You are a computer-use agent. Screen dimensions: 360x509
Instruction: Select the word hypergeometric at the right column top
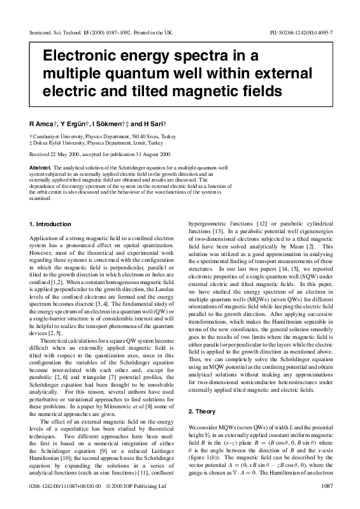208,225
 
